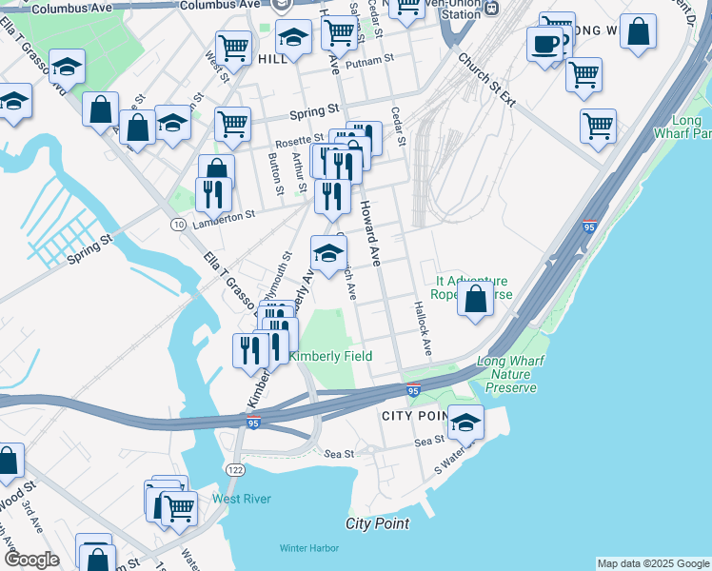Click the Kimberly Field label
(330, 356)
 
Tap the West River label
(242, 499)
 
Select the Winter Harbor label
(309, 547)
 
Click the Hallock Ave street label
(422, 328)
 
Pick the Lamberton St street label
(225, 216)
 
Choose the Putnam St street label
(370, 60)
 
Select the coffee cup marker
(545, 44)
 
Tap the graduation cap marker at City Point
(465, 421)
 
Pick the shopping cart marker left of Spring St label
(232, 123)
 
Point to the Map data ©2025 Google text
(653, 563)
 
